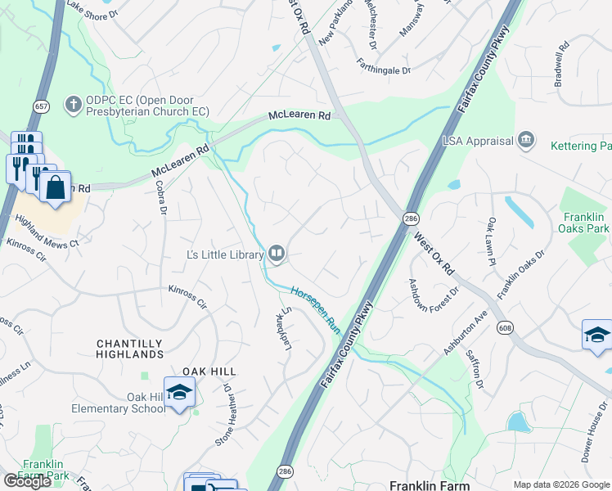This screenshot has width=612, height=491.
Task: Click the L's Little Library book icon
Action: pyautogui.click(x=277, y=255)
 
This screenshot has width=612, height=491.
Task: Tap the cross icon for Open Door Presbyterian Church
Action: pyautogui.click(x=73, y=104)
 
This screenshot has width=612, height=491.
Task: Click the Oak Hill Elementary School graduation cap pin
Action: pyautogui.click(x=178, y=393)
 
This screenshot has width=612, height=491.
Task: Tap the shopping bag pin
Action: pyautogui.click(x=55, y=187)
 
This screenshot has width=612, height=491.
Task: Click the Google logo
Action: pyautogui.click(x=27, y=480)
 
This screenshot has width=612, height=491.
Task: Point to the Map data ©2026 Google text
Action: pyautogui.click(x=561, y=484)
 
